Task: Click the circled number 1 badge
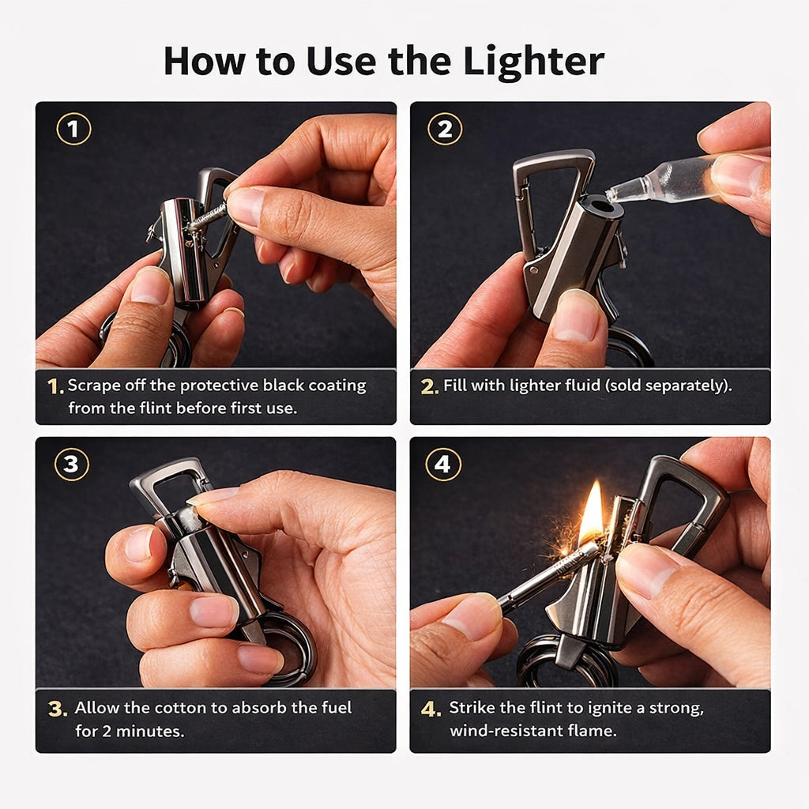[73, 129]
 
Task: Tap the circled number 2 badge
[445, 129]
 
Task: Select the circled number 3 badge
[71, 465]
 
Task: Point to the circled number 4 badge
[442, 465]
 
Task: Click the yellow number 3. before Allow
[58, 709]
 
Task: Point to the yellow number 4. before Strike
[431, 709]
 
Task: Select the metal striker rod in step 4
[537, 581]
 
